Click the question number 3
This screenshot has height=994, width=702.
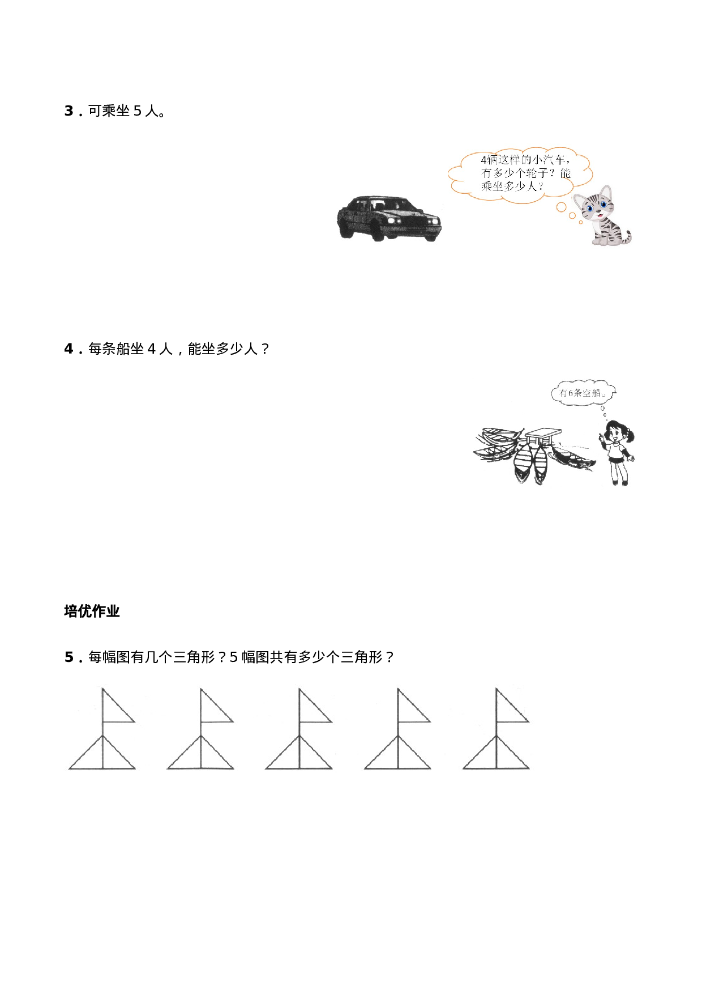69,111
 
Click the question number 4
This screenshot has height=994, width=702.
69,349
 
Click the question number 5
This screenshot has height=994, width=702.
69,657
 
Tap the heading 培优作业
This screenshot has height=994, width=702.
92,611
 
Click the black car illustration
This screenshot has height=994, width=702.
389,218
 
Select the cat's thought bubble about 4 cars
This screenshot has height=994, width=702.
521,172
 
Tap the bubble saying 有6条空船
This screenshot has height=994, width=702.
583,392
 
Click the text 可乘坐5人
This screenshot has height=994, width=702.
127,111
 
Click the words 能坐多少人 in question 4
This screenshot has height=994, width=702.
222,349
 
